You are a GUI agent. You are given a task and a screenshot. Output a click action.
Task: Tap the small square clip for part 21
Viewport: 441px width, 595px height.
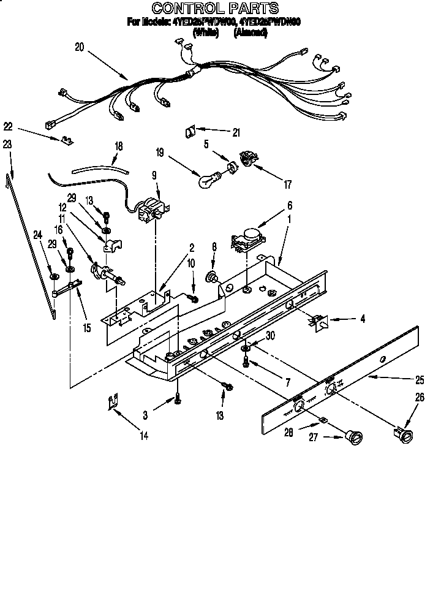pyautogui.click(x=190, y=131)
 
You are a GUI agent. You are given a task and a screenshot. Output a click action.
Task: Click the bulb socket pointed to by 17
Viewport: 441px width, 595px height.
pyautogui.click(x=246, y=157)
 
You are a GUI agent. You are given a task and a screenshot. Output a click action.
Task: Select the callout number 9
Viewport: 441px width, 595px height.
pyautogui.click(x=155, y=175)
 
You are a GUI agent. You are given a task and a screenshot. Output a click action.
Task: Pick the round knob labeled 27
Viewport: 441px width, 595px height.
pyautogui.click(x=353, y=438)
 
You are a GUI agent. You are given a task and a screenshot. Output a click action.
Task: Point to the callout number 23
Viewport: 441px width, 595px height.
pyautogui.click(x=7, y=145)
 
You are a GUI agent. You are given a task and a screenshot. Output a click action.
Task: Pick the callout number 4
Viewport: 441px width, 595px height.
pyautogui.click(x=362, y=319)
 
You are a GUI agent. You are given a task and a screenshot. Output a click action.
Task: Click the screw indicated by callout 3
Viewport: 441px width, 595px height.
pyautogui.click(x=177, y=398)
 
